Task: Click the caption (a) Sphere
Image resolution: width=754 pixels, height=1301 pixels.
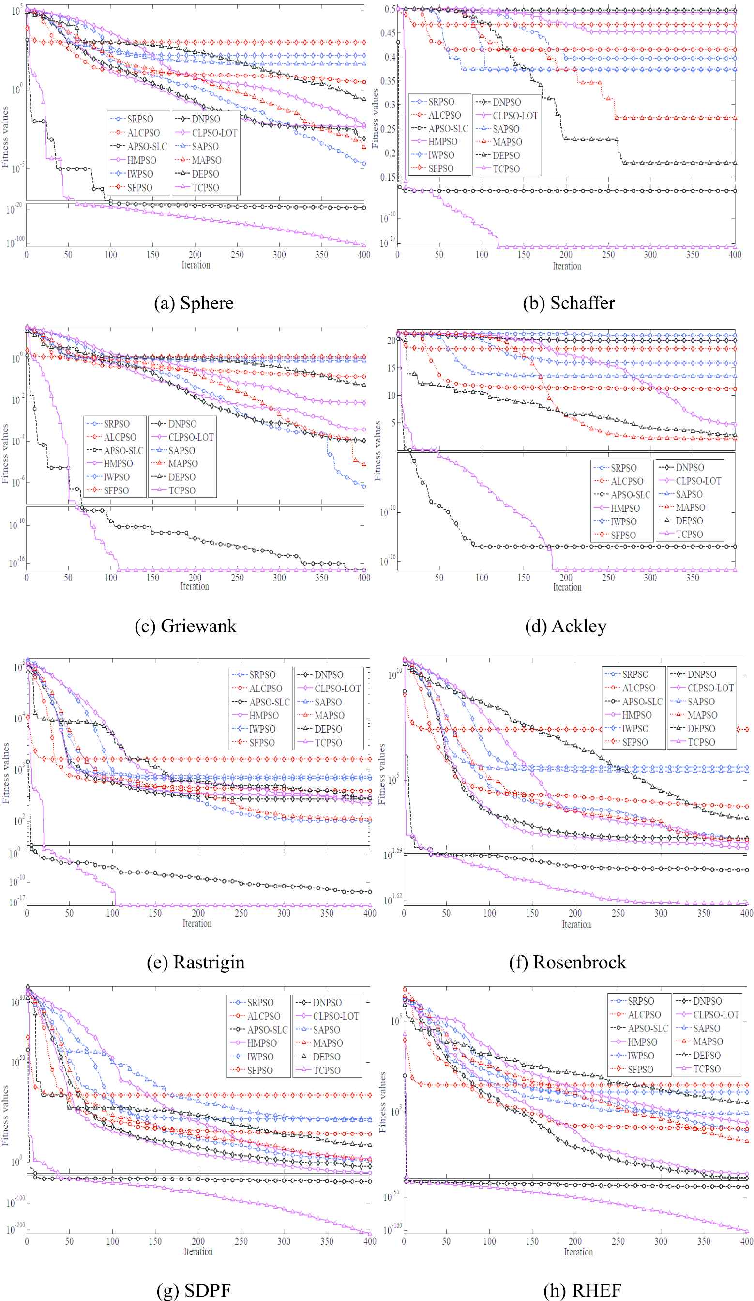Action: [194, 303]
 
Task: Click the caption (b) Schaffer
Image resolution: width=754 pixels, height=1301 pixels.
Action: [568, 303]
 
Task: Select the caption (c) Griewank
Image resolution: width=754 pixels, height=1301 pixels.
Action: [185, 626]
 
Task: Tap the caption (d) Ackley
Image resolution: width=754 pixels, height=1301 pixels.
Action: [565, 626]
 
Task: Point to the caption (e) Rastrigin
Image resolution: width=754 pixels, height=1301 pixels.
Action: [196, 963]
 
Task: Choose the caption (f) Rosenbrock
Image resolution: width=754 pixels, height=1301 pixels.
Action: [567, 963]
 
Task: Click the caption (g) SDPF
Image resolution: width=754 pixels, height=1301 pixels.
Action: [194, 1290]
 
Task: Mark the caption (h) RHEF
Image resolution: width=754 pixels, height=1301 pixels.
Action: [582, 1290]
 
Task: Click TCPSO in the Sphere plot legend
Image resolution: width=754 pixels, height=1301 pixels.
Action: [205, 188]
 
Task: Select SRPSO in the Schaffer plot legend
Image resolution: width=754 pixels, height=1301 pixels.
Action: [441, 102]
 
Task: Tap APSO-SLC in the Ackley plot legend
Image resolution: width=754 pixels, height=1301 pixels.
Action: [631, 494]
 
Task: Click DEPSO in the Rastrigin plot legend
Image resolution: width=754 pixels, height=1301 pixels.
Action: [328, 729]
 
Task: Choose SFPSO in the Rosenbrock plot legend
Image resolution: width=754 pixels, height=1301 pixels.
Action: [635, 742]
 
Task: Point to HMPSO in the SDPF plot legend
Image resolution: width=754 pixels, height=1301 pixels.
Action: [262, 1043]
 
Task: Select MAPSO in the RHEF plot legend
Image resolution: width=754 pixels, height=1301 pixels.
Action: [708, 1041]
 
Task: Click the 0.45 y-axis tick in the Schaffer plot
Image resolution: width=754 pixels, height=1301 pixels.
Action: [388, 33]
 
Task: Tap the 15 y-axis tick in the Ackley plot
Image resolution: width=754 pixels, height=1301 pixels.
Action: [391, 368]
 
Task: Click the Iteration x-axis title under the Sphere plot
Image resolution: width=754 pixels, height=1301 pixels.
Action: [196, 265]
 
